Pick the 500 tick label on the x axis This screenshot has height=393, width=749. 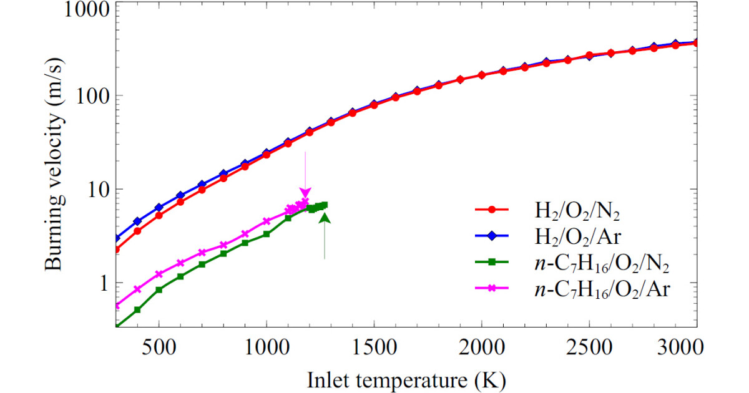[x=159, y=346]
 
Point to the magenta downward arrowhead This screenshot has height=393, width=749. [x=305, y=193]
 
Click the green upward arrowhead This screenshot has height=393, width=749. [x=325, y=216]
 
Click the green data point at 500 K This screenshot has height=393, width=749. [x=159, y=290]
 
